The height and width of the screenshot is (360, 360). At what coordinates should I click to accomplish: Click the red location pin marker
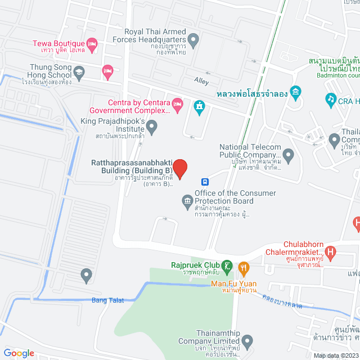coord(179,168)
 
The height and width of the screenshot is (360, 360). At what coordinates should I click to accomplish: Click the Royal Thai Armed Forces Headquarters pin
coord(193,39)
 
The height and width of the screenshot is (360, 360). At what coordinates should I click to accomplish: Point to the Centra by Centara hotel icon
coord(177,102)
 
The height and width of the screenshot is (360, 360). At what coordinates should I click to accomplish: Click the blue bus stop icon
coord(206,182)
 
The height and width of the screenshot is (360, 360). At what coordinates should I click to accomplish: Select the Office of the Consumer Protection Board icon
coord(187,200)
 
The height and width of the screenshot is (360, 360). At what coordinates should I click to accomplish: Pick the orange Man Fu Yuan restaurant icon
coord(243,267)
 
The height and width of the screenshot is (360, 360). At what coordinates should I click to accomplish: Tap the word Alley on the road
coord(201,81)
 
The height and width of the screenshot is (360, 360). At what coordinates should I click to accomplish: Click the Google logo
coord(19,353)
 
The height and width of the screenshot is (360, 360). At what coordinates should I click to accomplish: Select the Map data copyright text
coord(335,355)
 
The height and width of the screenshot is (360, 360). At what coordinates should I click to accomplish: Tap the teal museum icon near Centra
coord(199,106)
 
